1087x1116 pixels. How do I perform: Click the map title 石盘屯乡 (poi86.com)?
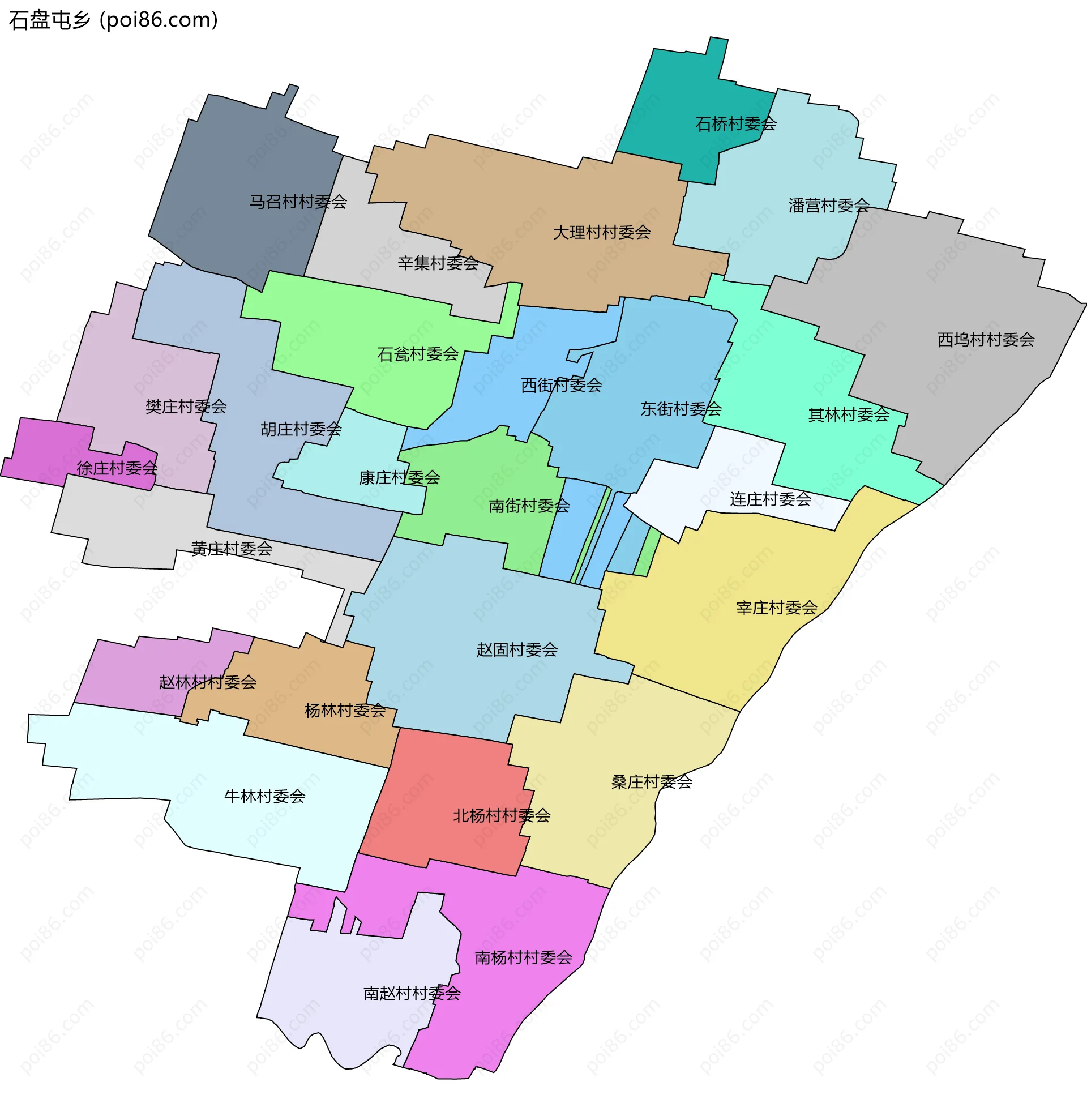(x=114, y=20)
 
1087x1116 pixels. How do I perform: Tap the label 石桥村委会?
(x=735, y=124)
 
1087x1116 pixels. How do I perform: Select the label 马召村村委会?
(x=298, y=202)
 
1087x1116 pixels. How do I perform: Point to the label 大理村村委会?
(x=602, y=232)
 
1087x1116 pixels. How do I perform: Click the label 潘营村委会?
(x=828, y=206)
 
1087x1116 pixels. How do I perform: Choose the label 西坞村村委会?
(x=986, y=340)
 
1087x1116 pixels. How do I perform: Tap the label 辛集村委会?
(x=438, y=263)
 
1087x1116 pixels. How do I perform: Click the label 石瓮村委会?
(x=418, y=354)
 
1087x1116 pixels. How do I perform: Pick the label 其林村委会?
(x=849, y=415)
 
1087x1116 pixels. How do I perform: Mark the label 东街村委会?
(x=681, y=409)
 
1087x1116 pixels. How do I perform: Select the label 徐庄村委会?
(x=117, y=469)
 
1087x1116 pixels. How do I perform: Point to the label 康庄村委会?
(x=399, y=478)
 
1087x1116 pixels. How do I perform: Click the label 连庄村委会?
(x=770, y=499)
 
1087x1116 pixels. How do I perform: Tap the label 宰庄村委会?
(x=776, y=608)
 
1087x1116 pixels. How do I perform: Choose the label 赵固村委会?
(x=517, y=649)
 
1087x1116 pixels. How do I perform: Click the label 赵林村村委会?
(x=207, y=682)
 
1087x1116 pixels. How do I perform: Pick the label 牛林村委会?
(x=264, y=796)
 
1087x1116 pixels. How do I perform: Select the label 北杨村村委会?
(x=501, y=816)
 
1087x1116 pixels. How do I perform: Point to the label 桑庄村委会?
(x=652, y=782)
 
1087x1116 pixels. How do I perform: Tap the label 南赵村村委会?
(x=412, y=994)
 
